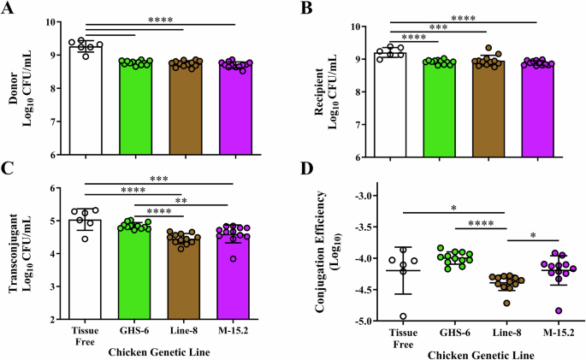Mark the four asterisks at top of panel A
(182, 19)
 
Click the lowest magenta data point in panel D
(534, 310)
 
